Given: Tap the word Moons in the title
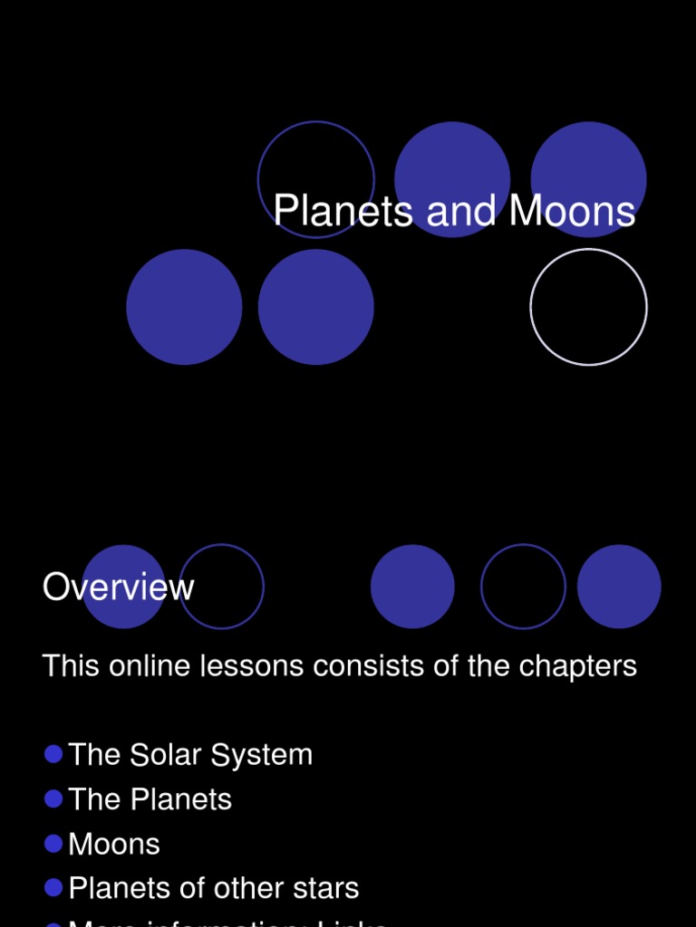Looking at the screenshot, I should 572,212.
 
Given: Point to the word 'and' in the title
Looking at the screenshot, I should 462,212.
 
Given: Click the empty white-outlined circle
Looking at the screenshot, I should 588,307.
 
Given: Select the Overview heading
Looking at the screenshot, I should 118,588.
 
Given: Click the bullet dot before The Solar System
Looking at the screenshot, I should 53,754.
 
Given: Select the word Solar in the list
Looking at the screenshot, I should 169,755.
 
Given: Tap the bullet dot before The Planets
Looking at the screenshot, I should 53,798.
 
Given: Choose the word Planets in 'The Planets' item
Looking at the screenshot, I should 181,799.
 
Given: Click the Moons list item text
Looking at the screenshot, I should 114,844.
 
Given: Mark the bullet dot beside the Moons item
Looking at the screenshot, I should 53,843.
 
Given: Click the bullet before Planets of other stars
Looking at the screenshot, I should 53,887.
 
